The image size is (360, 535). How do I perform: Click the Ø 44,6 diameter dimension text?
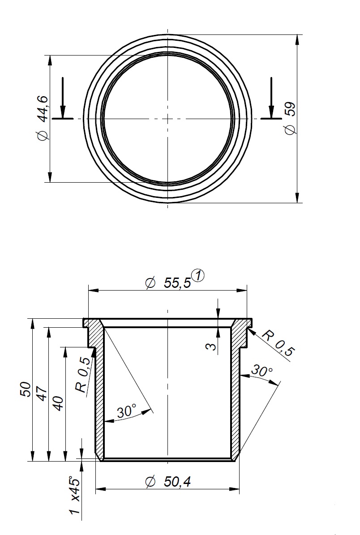tap(43, 118)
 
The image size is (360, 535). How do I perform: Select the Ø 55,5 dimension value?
tap(168, 282)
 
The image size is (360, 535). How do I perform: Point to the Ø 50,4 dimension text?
tap(168, 482)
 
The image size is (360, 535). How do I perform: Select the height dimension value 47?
tap(42, 394)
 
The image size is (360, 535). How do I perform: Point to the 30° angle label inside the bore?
tap(126, 411)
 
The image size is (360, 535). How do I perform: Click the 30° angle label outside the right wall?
tap(261, 371)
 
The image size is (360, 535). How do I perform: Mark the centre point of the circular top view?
tap(167, 119)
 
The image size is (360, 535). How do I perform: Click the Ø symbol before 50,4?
tap(150, 482)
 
